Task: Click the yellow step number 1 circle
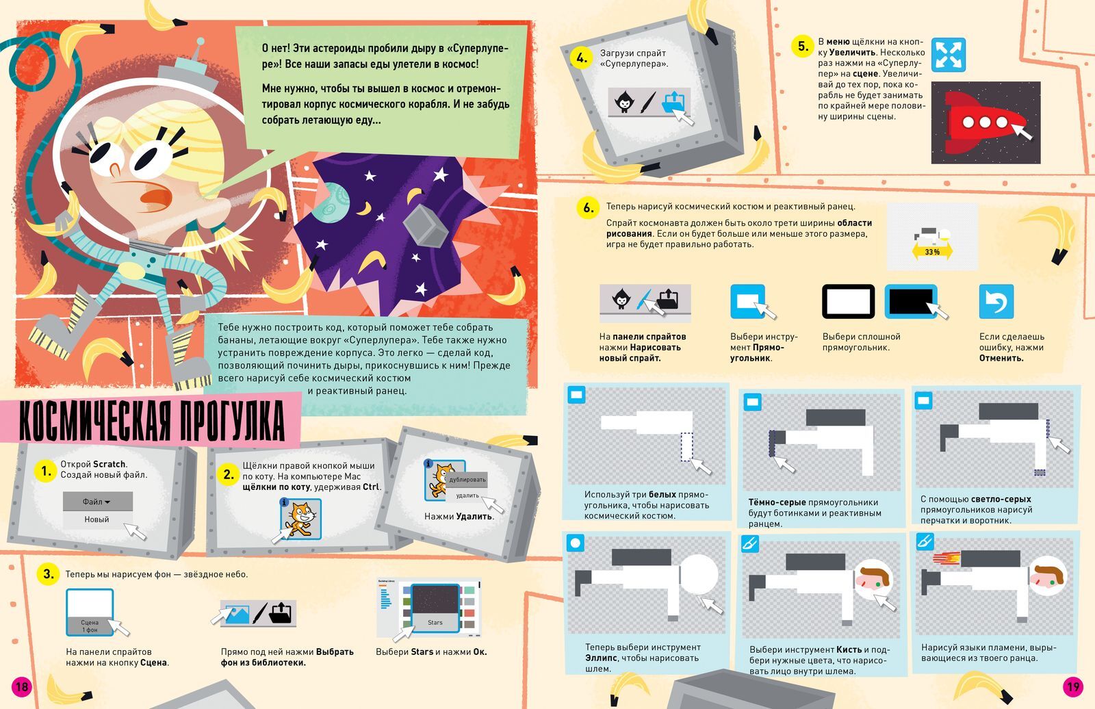(x=45, y=471)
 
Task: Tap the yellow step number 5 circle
(x=802, y=47)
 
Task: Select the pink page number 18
(x=21, y=687)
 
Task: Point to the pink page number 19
(x=1072, y=687)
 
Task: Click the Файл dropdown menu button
(x=97, y=501)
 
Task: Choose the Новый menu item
(x=97, y=519)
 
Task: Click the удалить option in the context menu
(x=467, y=495)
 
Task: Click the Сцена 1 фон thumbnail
(x=90, y=612)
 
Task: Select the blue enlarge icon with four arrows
(x=949, y=55)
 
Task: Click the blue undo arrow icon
(x=996, y=301)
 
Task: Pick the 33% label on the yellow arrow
(x=932, y=252)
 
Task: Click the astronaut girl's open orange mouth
(x=156, y=197)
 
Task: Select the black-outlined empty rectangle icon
(x=849, y=301)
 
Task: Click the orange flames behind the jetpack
(x=946, y=558)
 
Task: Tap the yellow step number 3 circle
(x=48, y=573)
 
